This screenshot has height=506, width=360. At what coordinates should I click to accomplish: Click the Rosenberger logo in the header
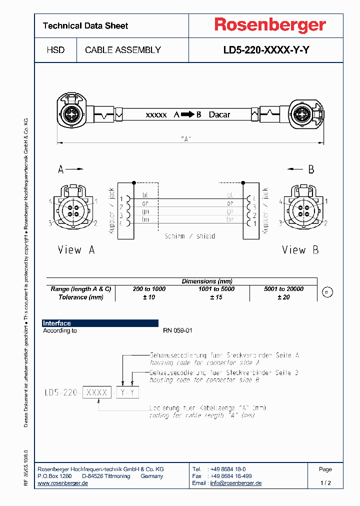[x=270, y=25]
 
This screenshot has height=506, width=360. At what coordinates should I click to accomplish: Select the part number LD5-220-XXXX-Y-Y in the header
[x=266, y=50]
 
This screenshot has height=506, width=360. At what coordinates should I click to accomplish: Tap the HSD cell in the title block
[x=55, y=50]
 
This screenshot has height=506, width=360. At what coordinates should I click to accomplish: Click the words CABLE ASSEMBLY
[x=123, y=50]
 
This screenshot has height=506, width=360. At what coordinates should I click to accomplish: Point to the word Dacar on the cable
[x=219, y=114]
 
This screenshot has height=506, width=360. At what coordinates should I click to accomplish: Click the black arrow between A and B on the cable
[x=187, y=114]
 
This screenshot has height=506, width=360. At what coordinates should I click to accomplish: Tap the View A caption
[x=76, y=249]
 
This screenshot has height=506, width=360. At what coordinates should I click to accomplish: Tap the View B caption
[x=300, y=249]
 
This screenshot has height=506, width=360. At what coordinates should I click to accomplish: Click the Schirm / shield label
[x=189, y=235]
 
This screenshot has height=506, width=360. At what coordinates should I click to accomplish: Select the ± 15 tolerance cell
[x=216, y=297]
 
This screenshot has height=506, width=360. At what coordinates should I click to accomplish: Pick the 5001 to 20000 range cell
[x=283, y=289]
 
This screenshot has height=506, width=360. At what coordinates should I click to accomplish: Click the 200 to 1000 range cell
[x=149, y=289]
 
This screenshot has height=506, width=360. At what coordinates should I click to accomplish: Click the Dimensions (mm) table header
[x=206, y=281]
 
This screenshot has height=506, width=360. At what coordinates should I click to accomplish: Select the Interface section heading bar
[x=100, y=323]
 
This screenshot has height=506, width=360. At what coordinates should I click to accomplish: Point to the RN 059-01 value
[x=177, y=330]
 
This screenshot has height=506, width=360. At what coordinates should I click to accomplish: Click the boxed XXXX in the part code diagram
[x=97, y=392]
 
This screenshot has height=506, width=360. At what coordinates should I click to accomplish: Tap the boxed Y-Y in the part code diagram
[x=127, y=392]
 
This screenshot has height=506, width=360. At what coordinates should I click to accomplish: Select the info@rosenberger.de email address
[x=235, y=483]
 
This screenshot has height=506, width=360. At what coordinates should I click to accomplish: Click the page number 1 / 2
[x=325, y=483]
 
